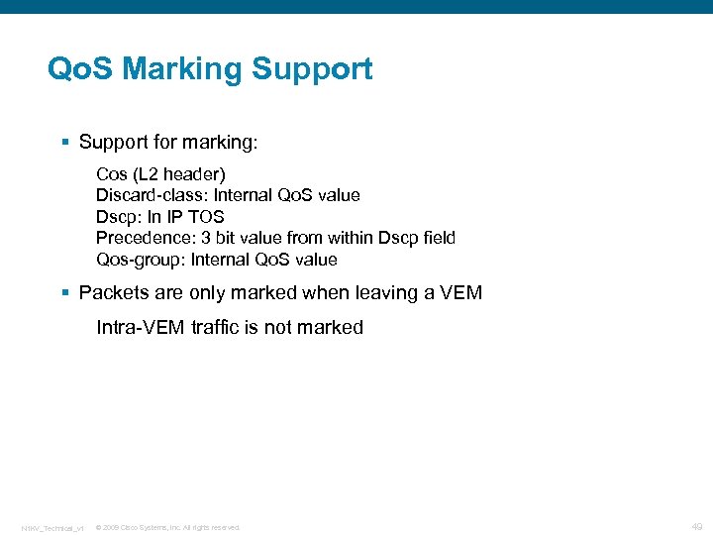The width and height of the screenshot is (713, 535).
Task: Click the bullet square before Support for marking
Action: click(x=65, y=143)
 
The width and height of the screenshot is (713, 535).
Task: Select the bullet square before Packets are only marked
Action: click(x=65, y=293)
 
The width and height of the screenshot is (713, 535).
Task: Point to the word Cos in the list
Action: click(x=111, y=174)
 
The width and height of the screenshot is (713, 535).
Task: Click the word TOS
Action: click(x=205, y=217)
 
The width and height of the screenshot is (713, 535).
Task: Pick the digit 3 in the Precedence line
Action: click(x=206, y=238)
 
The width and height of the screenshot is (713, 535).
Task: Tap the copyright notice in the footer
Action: click(x=167, y=527)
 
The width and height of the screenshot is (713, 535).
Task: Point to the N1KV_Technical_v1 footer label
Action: click(x=52, y=527)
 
